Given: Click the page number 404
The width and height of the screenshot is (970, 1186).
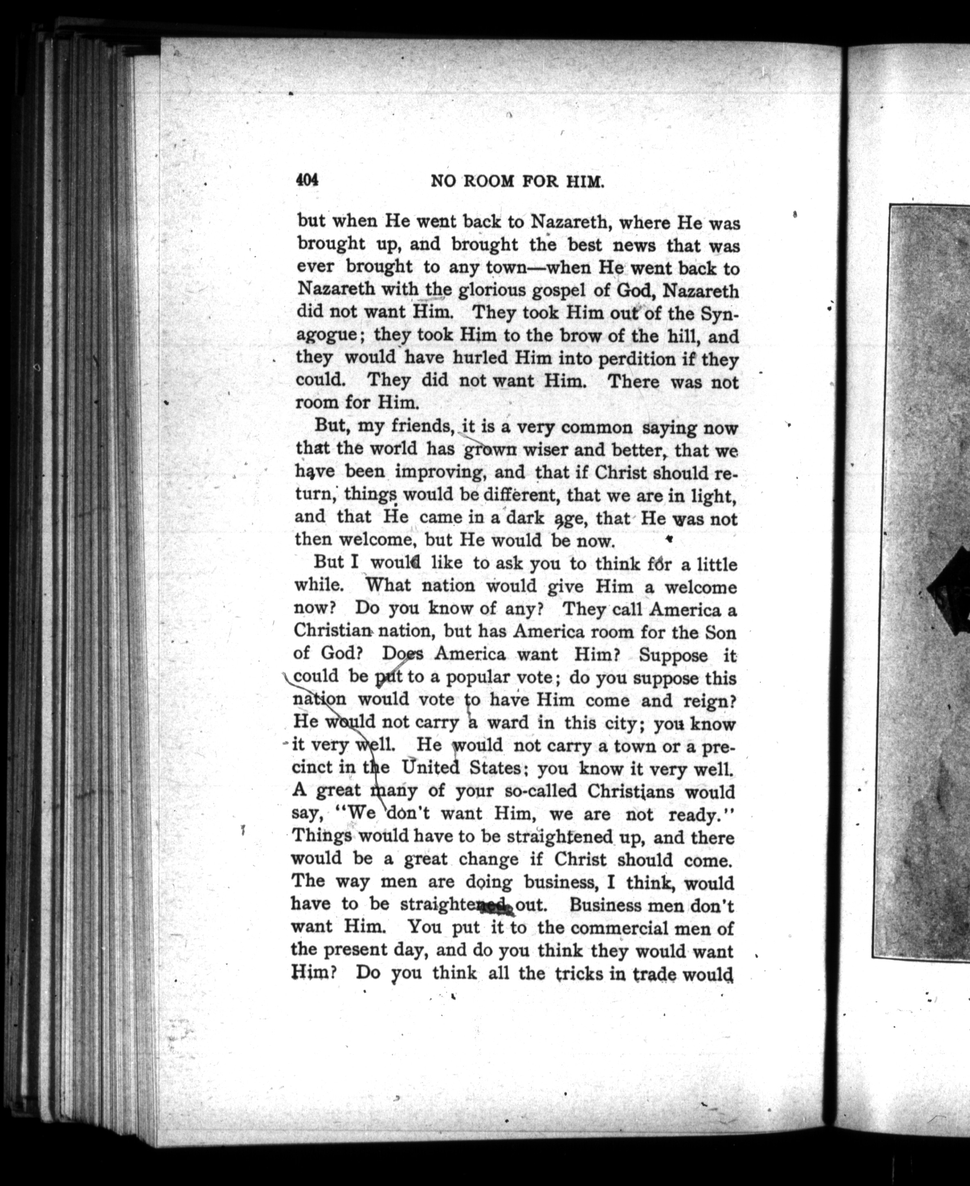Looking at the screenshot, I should pos(307,181).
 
